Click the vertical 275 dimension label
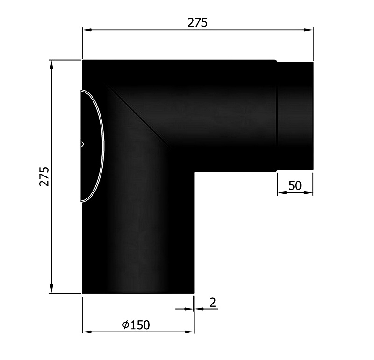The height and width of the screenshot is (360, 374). pyautogui.click(x=44, y=176)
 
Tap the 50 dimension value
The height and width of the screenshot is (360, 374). pyautogui.click(x=295, y=185)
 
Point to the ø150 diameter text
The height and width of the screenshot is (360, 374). pyautogui.click(x=136, y=325)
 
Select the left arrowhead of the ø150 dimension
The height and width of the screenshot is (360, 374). pyautogui.click(x=86, y=332)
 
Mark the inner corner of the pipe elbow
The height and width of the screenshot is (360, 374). pyautogui.click(x=194, y=173)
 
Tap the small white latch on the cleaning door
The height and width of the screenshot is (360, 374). pyautogui.click(x=83, y=144)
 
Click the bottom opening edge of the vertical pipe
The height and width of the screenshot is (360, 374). pyautogui.click(x=138, y=293)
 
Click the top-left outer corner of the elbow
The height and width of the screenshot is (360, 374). pyautogui.click(x=83, y=61)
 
